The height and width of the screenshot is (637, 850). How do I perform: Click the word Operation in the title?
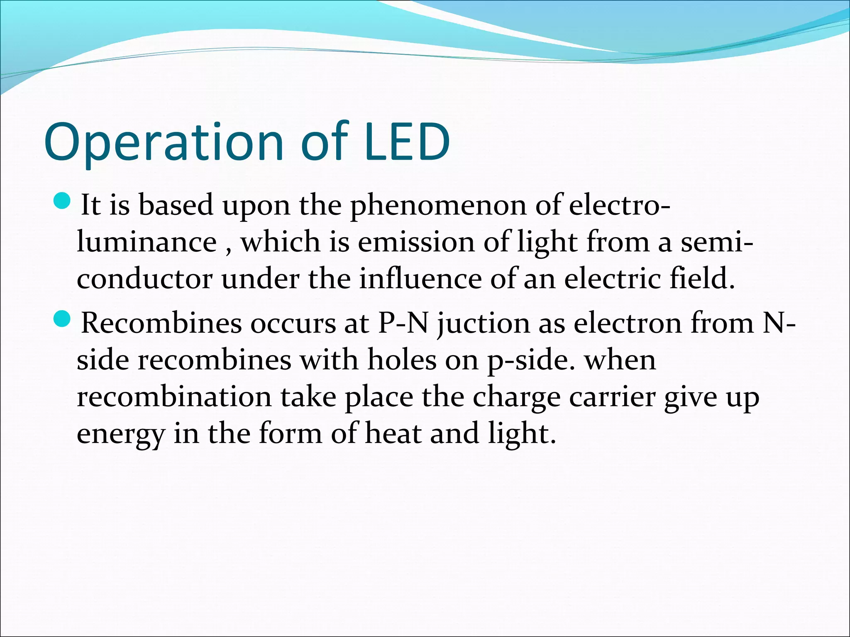click(164, 142)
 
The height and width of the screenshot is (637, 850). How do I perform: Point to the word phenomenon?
click(438, 206)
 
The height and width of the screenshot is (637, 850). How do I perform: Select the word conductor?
click(144, 279)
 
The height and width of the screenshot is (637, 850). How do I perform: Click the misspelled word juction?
click(484, 324)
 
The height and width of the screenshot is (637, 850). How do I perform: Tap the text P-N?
click(403, 323)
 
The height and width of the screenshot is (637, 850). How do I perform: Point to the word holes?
click(402, 360)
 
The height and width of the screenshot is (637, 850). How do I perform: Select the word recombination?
click(174, 397)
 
